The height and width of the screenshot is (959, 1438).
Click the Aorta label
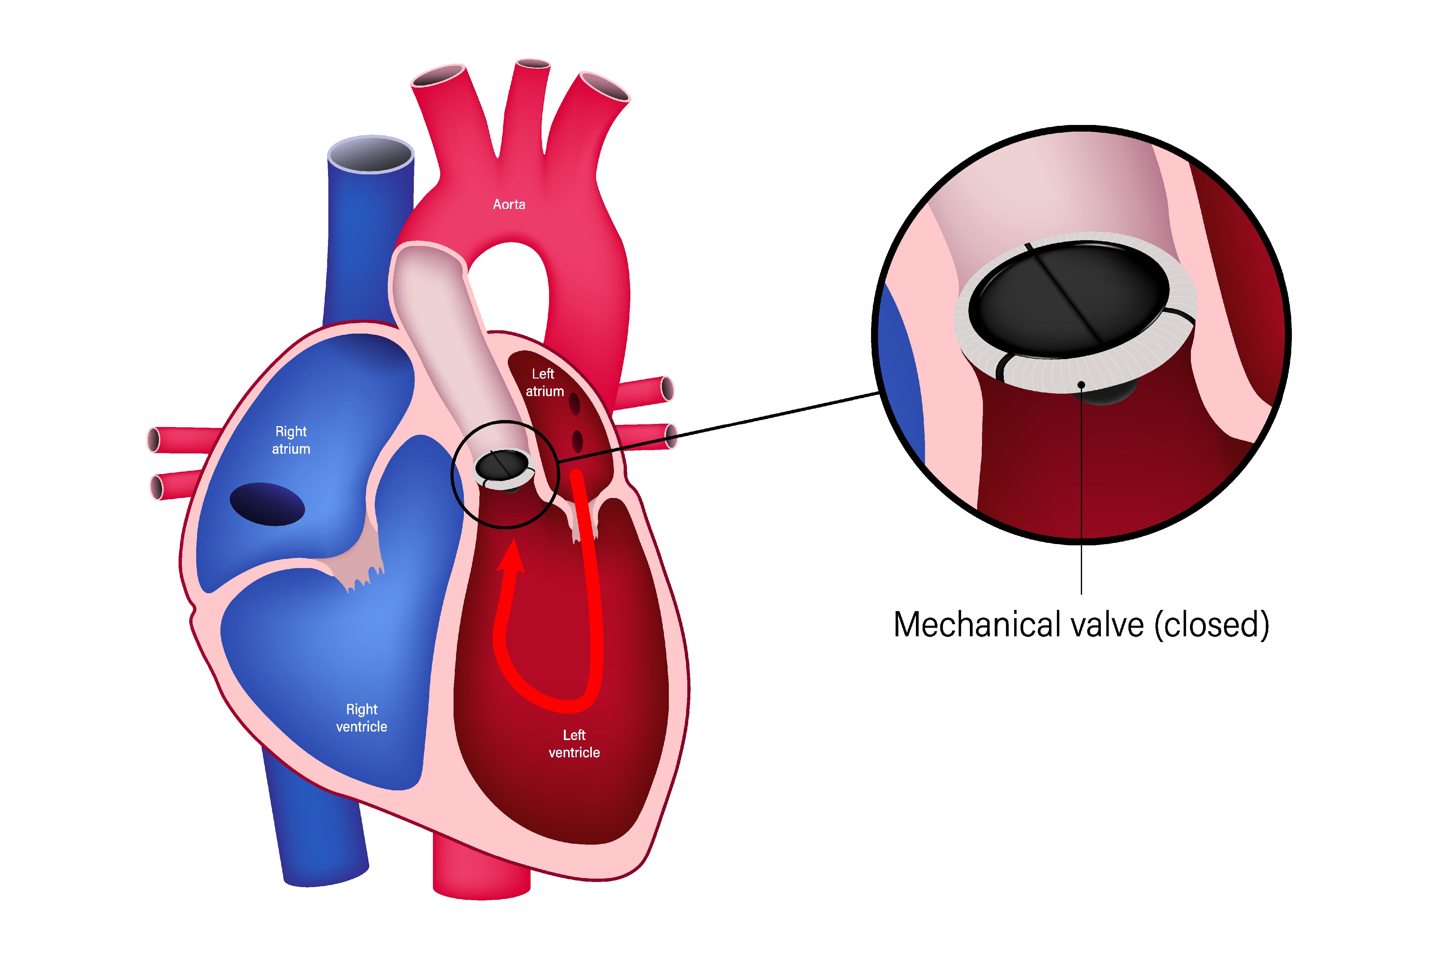coord(509,204)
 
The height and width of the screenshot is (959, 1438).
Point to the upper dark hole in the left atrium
coord(574,404)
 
